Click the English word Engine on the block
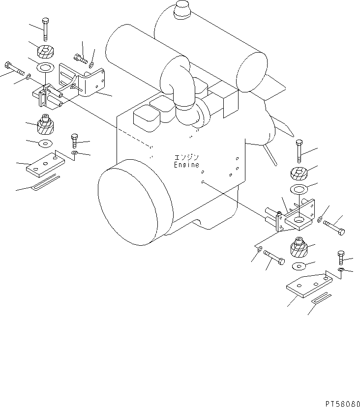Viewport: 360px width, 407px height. (x=186, y=165)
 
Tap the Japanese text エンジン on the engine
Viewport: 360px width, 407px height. (x=186, y=158)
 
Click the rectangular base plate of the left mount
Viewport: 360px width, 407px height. (x=45, y=164)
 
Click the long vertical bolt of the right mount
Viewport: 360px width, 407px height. (x=300, y=151)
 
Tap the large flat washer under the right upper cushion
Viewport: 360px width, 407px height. (x=297, y=190)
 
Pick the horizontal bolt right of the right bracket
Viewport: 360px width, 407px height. (x=334, y=228)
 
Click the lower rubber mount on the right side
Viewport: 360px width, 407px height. (x=300, y=247)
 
